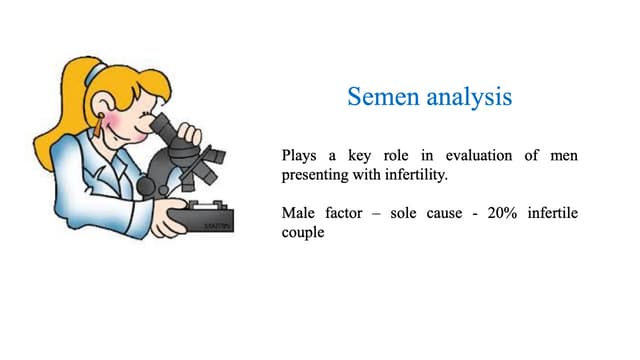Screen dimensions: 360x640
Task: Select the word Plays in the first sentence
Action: pyautogui.click(x=302, y=156)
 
